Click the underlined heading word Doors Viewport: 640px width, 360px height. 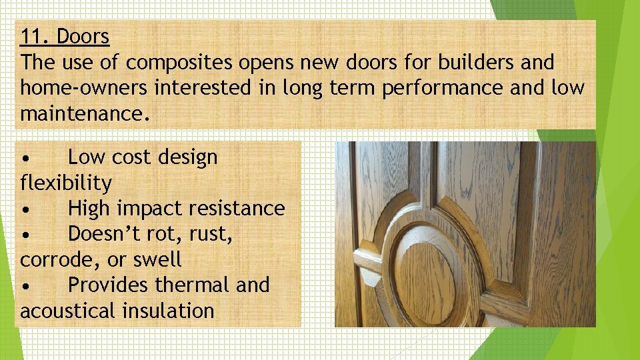(83, 37)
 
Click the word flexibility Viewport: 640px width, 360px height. (66, 182)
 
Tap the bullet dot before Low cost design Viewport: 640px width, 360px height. (25, 159)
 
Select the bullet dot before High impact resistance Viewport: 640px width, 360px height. (25, 209)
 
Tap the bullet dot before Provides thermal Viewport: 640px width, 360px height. (25, 286)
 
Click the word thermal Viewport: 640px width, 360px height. (193, 285)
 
